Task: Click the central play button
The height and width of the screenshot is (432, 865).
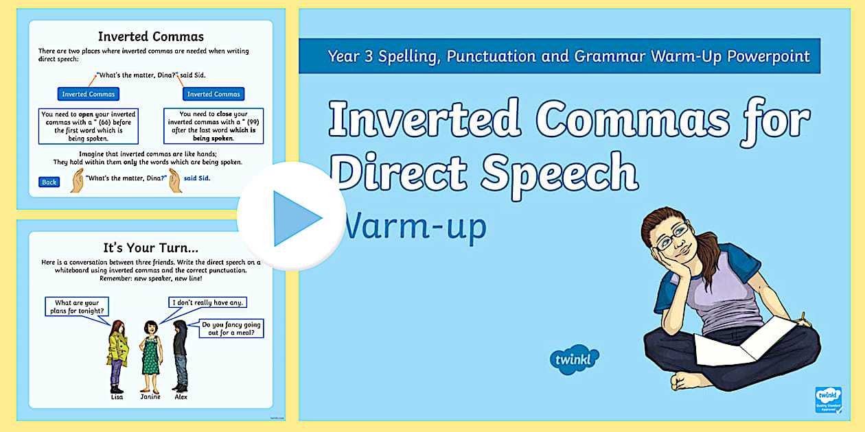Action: coord(292,217)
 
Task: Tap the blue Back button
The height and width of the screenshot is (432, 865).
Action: coord(49,182)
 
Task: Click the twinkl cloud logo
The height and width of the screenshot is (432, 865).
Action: coord(575,359)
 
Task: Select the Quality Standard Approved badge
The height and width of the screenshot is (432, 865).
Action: coord(829,400)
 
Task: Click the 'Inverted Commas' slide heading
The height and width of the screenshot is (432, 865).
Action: coord(150,36)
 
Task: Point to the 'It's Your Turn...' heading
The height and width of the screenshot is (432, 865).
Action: coord(150,248)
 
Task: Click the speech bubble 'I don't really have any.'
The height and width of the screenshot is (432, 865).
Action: coord(208,302)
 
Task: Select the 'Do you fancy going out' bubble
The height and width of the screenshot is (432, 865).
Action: coord(231,328)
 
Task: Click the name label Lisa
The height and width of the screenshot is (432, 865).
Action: coord(117,396)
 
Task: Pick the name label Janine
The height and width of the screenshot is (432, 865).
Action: coord(150,396)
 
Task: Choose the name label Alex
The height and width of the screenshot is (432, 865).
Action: coord(181,396)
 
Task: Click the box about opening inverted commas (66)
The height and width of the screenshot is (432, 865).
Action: coord(88,126)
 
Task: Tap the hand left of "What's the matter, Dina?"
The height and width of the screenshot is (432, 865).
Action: coord(77,181)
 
